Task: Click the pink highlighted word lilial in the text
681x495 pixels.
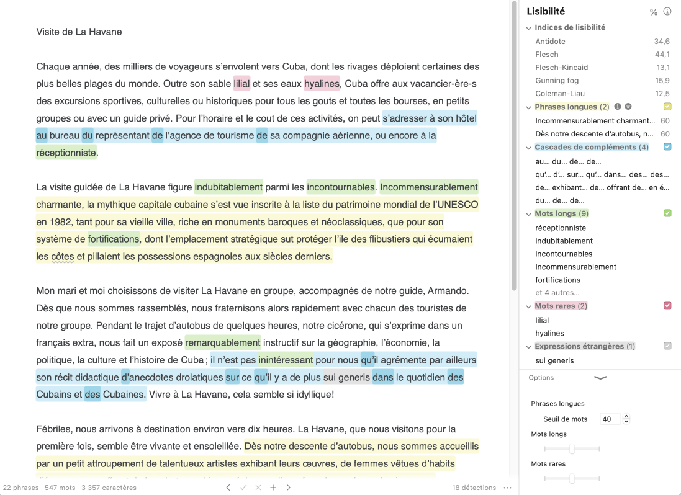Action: [241, 84]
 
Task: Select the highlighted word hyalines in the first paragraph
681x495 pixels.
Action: [322, 84]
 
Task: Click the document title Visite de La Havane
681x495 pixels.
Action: [79, 32]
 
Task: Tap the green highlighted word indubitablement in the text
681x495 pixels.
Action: [228, 187]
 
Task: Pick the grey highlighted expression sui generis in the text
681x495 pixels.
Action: [346, 377]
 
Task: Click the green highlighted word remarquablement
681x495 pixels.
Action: [222, 342]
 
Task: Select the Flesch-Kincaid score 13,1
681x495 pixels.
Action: [662, 68]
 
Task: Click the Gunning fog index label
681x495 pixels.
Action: [557, 81]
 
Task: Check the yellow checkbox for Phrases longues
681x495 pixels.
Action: [667, 107]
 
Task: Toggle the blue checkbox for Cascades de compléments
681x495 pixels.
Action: [667, 147]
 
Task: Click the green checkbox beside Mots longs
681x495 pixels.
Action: [667, 213]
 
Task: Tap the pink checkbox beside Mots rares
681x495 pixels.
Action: [667, 306]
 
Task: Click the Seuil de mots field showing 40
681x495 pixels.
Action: [610, 419]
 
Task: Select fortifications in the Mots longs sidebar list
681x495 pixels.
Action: [557, 280]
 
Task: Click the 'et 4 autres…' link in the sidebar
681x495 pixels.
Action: [557, 293]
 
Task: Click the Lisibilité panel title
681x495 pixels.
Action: [546, 11]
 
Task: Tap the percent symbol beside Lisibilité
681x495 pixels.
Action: [653, 12]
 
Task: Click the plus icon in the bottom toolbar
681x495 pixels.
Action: [273, 488]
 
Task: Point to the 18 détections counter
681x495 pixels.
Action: [474, 488]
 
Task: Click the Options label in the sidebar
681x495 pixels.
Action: [541, 378]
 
